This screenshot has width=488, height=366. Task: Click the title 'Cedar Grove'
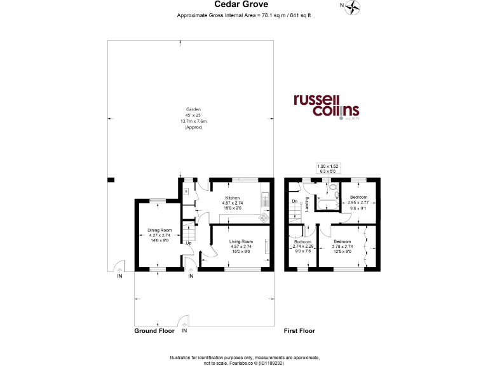tap(245, 6)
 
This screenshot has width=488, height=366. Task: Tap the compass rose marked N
tap(351, 7)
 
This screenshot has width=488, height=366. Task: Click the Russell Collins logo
tap(326, 106)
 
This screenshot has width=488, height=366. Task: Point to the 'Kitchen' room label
tap(233, 198)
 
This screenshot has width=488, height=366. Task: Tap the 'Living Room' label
tap(241, 241)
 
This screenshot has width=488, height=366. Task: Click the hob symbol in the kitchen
tap(263, 217)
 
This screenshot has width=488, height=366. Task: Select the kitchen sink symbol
tap(266, 201)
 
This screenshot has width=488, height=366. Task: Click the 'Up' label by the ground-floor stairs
tap(189, 243)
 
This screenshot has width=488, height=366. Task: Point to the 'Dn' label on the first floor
tap(294, 201)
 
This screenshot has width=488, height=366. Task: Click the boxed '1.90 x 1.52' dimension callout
tap(329, 168)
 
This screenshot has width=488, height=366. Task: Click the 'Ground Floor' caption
tap(154, 331)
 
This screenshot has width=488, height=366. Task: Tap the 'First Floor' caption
tap(299, 331)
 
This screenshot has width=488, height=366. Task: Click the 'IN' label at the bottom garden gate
tap(184, 331)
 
